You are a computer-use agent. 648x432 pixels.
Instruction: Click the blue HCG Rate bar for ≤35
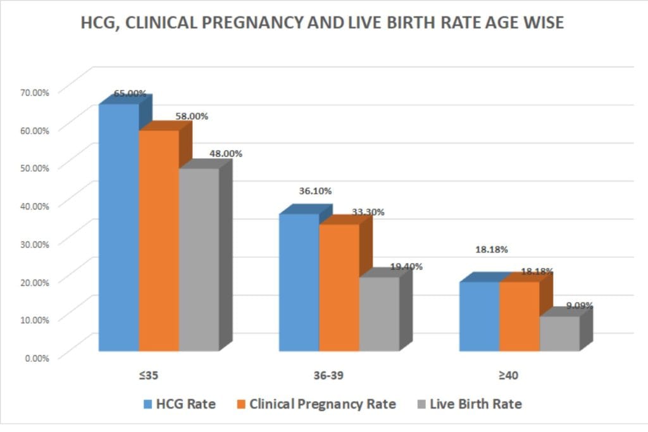tap(118, 228)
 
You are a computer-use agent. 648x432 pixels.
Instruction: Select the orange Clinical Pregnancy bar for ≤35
tap(159, 240)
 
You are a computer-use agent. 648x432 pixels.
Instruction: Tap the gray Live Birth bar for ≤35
tap(199, 259)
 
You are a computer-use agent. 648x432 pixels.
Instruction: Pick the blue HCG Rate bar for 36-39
tap(299, 282)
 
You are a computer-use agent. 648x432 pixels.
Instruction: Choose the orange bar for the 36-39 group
tap(339, 288)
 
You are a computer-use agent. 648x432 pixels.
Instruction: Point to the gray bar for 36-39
tap(379, 314)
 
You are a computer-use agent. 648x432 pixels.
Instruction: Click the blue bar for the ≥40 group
tap(479, 316)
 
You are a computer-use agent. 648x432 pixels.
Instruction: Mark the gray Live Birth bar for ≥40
tap(559, 333)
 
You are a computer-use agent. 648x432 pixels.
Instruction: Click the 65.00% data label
tap(130, 94)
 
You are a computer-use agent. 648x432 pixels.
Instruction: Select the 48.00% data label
tap(225, 153)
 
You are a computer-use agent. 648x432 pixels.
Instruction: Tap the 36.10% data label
tap(315, 191)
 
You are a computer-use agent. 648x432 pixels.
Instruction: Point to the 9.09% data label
tap(579, 306)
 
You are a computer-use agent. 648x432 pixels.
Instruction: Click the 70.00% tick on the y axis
tap(34, 92)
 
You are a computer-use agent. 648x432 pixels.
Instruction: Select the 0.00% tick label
tap(37, 357)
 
